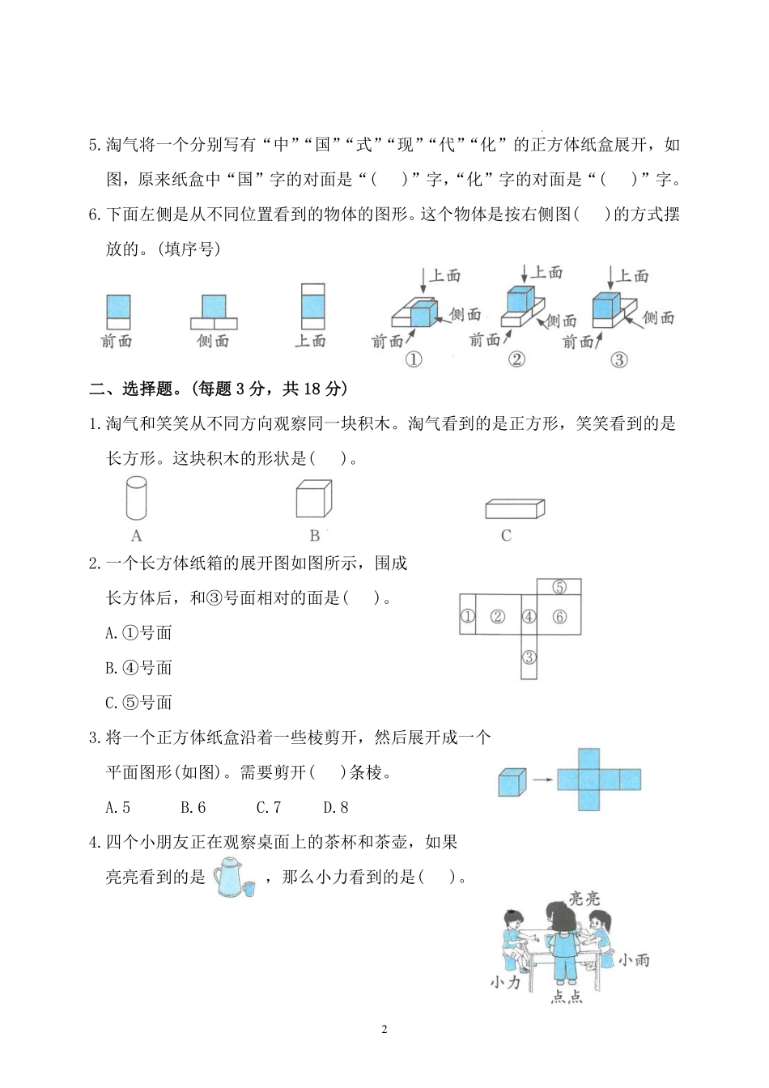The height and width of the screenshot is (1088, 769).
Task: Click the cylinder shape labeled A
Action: click(x=136, y=497)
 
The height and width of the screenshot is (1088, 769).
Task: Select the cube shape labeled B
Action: click(x=313, y=498)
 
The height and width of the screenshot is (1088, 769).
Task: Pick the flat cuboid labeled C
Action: click(x=514, y=508)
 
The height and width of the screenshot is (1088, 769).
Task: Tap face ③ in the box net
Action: click(x=529, y=657)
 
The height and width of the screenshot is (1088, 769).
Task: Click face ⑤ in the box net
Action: click(x=559, y=587)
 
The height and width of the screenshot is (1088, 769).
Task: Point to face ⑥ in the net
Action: click(x=559, y=617)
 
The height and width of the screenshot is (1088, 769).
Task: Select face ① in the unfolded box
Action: click(x=467, y=617)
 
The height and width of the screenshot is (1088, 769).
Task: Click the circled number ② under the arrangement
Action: click(x=516, y=359)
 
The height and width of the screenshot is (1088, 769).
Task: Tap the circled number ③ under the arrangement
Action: click(x=618, y=359)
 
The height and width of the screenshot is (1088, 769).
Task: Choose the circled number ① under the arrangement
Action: click(x=413, y=359)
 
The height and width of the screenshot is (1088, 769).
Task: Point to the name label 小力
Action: click(x=505, y=982)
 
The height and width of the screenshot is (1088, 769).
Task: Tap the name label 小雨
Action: click(x=633, y=960)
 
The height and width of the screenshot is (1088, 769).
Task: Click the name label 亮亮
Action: click(x=584, y=898)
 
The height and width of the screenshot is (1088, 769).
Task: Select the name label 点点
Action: click(x=567, y=997)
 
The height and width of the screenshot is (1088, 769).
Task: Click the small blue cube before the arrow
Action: click(x=512, y=780)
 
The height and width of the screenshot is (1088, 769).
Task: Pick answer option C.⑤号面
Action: click(x=138, y=703)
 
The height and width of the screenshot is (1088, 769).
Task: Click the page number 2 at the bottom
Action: click(x=384, y=1030)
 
